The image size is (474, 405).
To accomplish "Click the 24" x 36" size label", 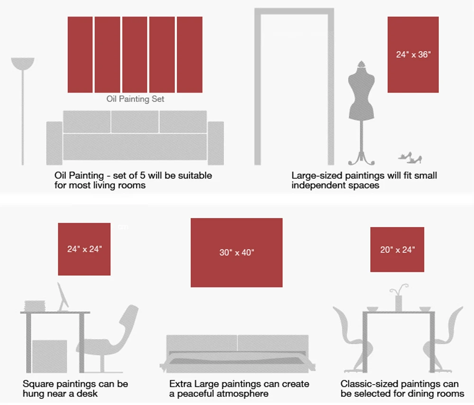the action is point(413,55).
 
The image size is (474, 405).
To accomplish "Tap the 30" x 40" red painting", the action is point(237,253).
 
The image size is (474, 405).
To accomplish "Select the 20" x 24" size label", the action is point(397,250).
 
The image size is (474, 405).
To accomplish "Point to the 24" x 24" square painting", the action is point(84,249).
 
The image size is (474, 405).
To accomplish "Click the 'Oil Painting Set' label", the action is point(135,99).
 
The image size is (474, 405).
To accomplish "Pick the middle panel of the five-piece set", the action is point(135,55).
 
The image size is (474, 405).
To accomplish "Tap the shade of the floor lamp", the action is point(23,63).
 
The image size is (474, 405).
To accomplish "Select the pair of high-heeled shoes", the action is point(410,158).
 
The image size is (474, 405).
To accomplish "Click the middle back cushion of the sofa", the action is point(135,122).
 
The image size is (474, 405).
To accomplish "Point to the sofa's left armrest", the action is point(55,143).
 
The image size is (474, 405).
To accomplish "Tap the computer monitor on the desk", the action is point(63,297).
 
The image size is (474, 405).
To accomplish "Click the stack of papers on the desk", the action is point(35,305).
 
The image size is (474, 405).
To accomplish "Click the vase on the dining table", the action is point(399,303).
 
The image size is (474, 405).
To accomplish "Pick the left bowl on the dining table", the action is point(373,309).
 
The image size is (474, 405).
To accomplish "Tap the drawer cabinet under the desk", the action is point(50,356).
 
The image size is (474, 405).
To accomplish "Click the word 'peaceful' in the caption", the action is point(197,394).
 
